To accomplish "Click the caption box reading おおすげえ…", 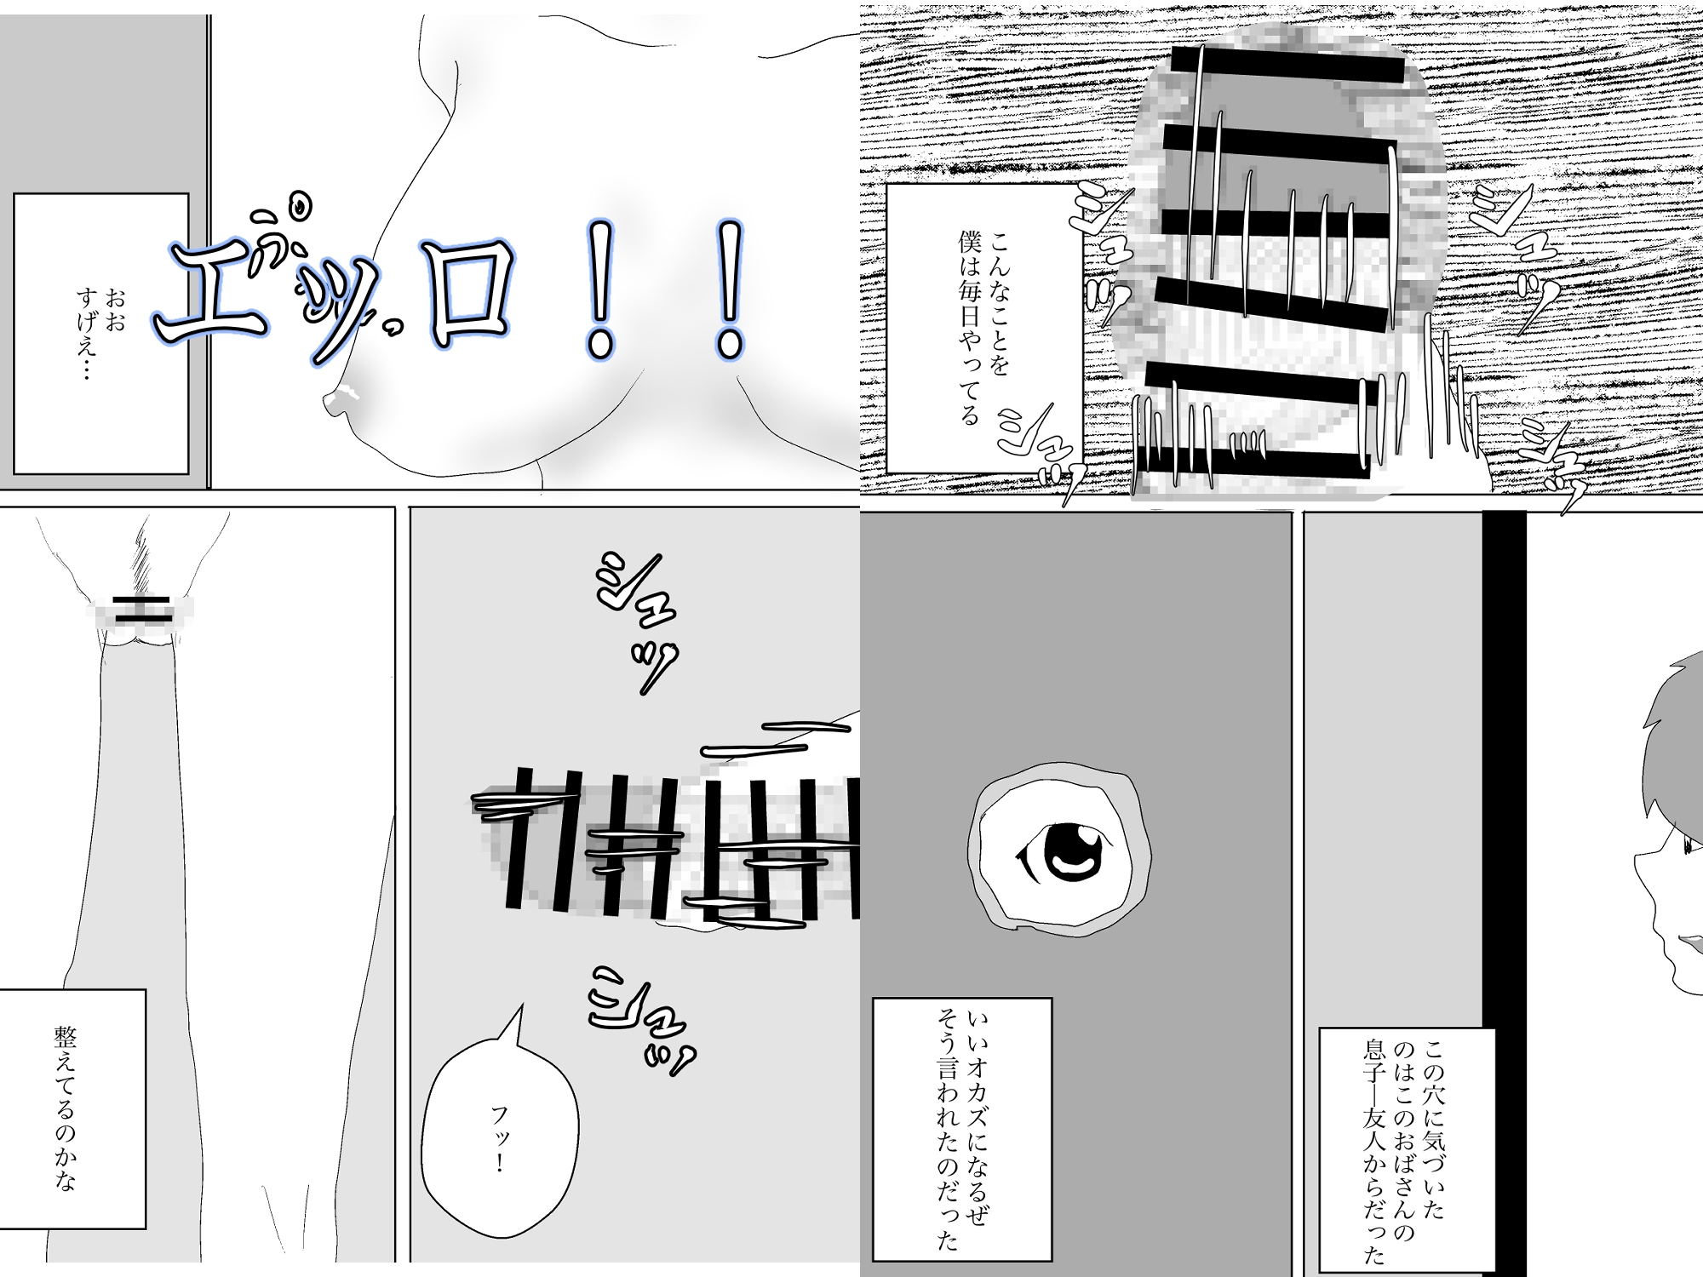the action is pos(100,333).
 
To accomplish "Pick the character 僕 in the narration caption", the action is pos(969,241).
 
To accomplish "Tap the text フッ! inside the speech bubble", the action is pos(500,1138).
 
